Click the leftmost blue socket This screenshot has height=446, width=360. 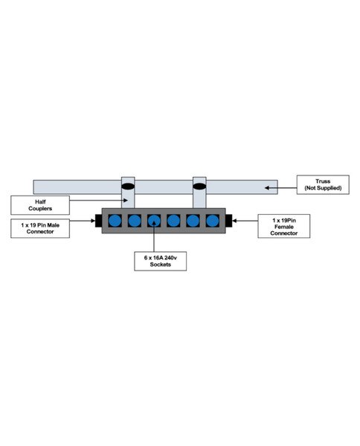pos(115,221)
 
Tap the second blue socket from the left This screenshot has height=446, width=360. pos(135,221)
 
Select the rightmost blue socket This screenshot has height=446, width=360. pos(213,221)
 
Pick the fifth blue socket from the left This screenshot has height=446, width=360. pos(193,221)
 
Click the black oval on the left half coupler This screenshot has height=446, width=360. pos(128,187)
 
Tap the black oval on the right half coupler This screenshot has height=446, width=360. pos(199,187)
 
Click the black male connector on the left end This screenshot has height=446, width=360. pos(98,221)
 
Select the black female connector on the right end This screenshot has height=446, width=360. pos(229,221)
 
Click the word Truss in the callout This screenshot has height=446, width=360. pos(323,181)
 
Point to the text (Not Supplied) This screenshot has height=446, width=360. pos(323,188)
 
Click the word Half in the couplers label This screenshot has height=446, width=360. pos(40,201)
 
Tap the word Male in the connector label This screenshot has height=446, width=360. pos(54,225)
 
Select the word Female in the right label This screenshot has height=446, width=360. pos(283,227)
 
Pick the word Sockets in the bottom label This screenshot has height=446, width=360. pos(160,265)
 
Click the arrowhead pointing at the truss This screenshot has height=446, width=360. pos(267,188)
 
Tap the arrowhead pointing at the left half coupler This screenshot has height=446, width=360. pos(125,200)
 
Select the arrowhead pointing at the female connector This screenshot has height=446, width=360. pos(234,221)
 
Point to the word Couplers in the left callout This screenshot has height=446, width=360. pos(40,208)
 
